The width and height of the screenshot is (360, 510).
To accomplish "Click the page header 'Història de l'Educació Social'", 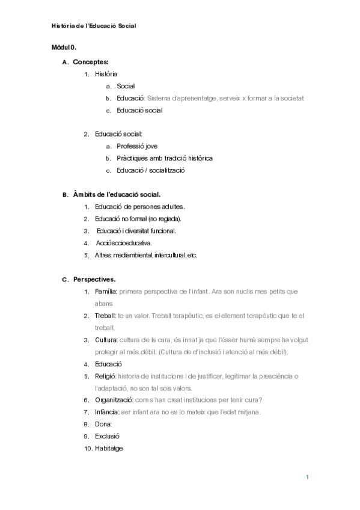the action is tap(94, 26).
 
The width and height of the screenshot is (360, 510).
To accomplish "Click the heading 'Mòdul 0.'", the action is tap(63, 47).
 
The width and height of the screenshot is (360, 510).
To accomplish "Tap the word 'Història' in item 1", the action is tap(106, 74).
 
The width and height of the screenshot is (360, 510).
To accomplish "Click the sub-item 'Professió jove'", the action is tap(137, 146).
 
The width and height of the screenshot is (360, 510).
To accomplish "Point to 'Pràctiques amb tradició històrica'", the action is tap(165, 158).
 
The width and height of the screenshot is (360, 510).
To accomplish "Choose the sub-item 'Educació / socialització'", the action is tap(150, 170).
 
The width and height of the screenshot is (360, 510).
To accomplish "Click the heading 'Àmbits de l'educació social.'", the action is tap(116, 195).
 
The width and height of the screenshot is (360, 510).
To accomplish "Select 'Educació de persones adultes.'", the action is tap(140, 207).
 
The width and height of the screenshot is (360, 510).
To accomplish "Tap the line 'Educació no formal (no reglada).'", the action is tap(138, 219).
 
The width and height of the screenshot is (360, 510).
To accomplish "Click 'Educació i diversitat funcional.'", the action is tap(136, 231).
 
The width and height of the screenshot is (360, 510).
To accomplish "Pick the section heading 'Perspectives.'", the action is tap(94, 280).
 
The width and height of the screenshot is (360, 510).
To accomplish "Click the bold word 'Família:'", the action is tap(106, 292).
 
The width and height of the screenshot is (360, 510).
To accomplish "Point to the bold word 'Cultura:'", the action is tap(106, 340).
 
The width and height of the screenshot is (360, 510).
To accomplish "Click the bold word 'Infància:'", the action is tap(107, 412).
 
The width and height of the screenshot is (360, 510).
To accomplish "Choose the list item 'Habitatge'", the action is tap(109, 449).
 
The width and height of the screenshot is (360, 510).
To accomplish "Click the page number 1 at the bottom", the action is tap(307, 478).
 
